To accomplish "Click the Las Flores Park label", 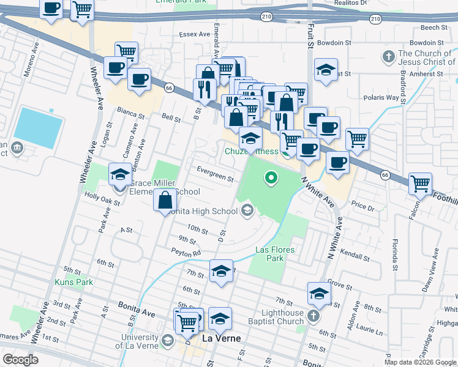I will [275, 254].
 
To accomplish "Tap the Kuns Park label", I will [73, 282].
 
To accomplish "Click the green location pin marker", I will [270, 179].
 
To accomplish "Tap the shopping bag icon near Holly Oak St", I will [166, 200].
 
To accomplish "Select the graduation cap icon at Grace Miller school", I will [120, 175].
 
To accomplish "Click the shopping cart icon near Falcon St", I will [420, 183].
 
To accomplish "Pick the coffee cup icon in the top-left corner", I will [51, 9].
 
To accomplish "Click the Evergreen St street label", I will [215, 174].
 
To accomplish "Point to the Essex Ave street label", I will [194, 34].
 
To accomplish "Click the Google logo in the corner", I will [20, 360].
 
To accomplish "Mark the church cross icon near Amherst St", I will [387, 57].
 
